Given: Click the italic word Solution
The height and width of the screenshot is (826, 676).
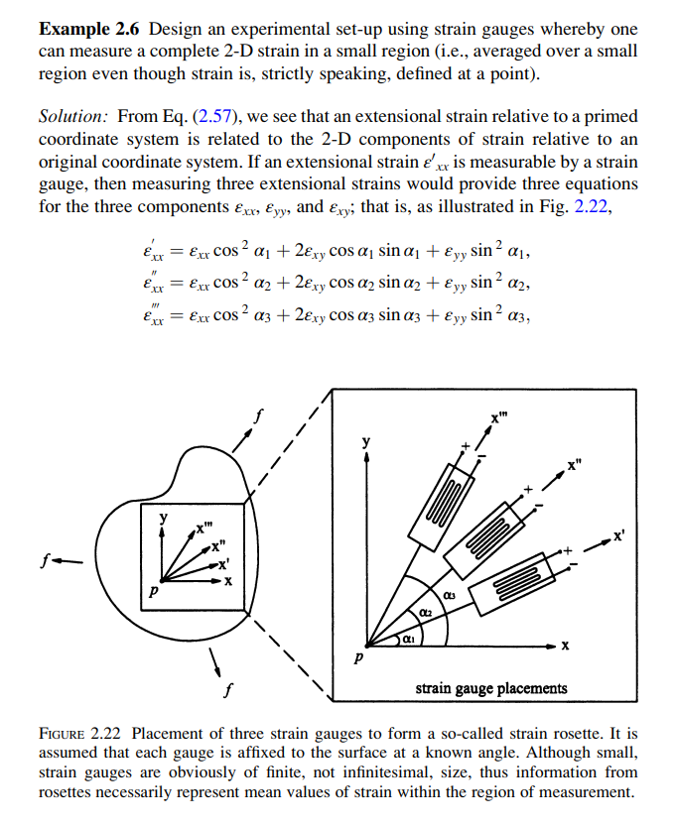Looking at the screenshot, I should pos(73,116).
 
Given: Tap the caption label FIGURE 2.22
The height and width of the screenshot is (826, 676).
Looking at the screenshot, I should pos(81,734).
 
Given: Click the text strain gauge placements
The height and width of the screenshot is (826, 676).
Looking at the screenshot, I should pos(491,687).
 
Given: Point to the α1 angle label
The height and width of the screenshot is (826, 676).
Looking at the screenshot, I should pos(407,643).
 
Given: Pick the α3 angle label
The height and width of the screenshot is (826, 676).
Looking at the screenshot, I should pos(450,595).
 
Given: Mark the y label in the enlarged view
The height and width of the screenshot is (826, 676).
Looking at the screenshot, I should pos(366,441).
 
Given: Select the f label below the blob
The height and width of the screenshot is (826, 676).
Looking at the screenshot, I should pos(228,687).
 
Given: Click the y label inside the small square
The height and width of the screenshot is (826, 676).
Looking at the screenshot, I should pos(165,519).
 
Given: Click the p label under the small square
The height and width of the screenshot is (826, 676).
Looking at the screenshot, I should pos(152,592).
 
